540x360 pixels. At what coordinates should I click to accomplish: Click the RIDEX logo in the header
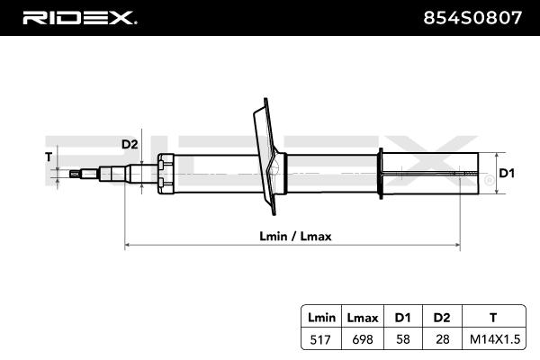point(78,17)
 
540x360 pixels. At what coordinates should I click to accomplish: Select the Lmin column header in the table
point(321,317)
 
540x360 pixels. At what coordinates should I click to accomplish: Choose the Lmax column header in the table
point(364,317)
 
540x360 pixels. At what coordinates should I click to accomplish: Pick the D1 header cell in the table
point(401,317)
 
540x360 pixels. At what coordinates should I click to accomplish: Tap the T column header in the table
point(491,317)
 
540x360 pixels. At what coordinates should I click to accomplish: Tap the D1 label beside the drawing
point(506,173)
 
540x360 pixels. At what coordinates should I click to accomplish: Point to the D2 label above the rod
point(130,144)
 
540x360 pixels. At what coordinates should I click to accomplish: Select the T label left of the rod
point(49,156)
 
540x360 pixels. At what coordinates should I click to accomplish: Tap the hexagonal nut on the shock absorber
point(163,172)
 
